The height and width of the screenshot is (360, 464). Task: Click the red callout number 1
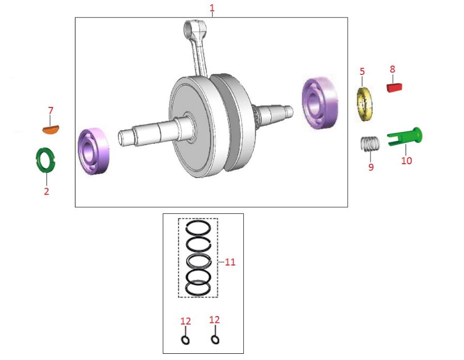tap(212, 8)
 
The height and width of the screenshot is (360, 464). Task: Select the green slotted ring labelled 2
tap(45, 160)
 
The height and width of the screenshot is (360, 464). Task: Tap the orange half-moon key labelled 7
tap(51, 129)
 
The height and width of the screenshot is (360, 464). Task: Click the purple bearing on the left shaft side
tap(94, 151)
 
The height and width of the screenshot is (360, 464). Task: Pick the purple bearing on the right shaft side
tap(320, 103)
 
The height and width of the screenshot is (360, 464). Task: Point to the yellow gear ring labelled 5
tap(364, 104)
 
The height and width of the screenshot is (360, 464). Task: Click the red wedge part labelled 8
tap(394, 88)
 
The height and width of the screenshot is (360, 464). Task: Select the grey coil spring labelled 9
tap(370, 144)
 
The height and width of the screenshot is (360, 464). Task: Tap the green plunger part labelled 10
tap(405, 136)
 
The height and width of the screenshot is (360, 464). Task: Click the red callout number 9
tap(371, 167)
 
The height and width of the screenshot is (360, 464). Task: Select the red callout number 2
tap(47, 191)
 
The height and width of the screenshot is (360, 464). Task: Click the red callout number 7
tap(51, 111)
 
